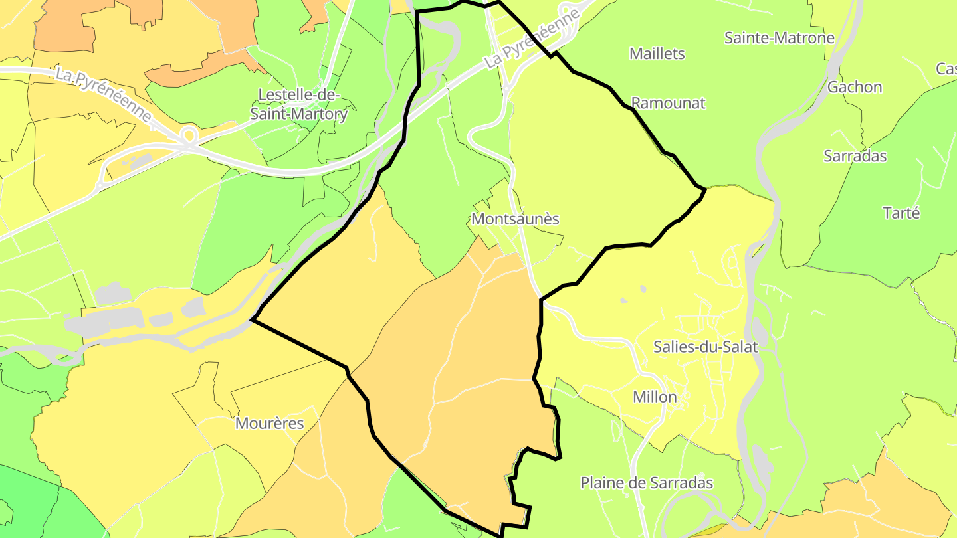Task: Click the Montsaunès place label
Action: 515,219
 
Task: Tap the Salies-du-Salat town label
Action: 705,346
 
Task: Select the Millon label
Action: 655,397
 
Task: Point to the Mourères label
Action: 270,423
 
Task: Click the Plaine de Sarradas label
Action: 647,483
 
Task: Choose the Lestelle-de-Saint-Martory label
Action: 298,104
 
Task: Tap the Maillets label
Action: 657,54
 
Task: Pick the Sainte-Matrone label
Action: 779,37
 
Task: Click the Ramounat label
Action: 668,103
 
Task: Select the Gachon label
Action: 855,87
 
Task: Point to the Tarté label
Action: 901,213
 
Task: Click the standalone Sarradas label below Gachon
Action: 855,156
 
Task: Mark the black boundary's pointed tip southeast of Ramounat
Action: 704,189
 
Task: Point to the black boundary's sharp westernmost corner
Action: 252,319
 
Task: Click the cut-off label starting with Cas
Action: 946,68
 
